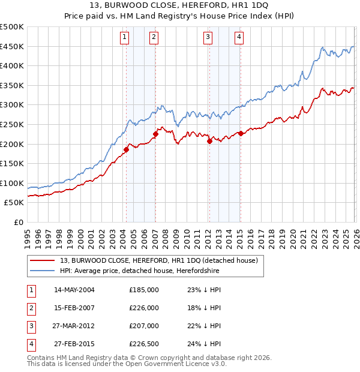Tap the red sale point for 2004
(126, 150)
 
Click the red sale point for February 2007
(155, 134)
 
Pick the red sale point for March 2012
(209, 142)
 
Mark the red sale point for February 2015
(241, 134)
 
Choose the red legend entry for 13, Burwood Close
(159, 260)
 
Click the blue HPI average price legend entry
(139, 271)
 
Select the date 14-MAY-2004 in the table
(74, 289)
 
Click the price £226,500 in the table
(144, 344)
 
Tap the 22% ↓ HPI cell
(204, 326)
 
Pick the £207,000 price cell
(144, 326)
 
